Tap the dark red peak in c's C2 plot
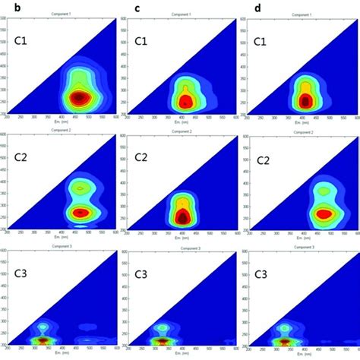(x=183, y=216)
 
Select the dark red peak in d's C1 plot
(x=305, y=99)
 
